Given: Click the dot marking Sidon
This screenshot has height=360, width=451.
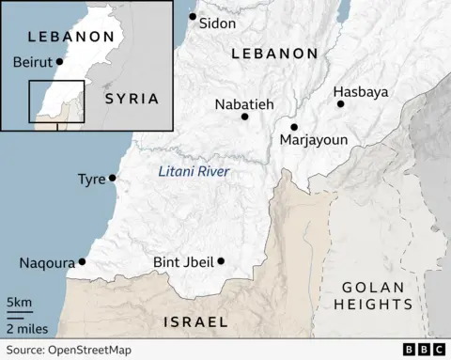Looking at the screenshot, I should tap(193, 17).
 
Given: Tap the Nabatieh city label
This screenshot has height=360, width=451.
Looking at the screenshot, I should tap(243, 104).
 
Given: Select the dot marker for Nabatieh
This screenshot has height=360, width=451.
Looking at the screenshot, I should tap(244, 117).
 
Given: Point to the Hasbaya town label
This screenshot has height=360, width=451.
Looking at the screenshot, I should tap(361, 92).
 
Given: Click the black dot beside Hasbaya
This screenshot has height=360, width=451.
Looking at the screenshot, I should tap(340, 103).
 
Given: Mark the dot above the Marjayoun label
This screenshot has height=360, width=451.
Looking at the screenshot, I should tap(294, 127).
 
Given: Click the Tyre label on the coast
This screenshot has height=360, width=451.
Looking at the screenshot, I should tap(91, 179).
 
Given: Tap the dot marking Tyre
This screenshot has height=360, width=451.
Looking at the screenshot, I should tap(113, 178).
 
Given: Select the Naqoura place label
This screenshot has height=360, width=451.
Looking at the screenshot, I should tap(46, 263).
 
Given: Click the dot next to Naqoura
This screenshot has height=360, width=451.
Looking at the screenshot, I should tap(83, 262).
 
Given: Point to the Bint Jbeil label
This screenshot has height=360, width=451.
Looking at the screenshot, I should tap(183, 262).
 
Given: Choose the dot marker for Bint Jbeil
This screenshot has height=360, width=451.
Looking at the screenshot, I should tap(222, 261).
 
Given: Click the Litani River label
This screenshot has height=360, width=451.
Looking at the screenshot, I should tap(194, 171).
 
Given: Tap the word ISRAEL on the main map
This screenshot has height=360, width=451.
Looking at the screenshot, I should tap(195, 321).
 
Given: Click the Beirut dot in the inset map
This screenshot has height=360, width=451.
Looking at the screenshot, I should tap(60, 62).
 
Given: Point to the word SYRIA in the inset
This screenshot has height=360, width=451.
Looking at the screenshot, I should tap(131, 98).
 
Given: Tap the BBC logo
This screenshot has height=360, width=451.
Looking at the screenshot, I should tap(424, 350).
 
